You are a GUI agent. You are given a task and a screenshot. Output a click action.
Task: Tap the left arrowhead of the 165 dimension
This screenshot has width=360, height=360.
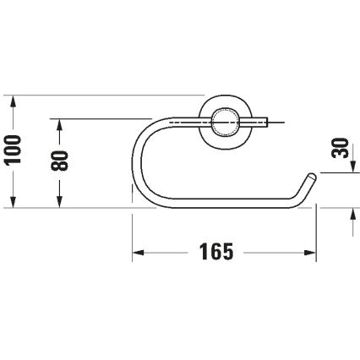[x=138, y=253]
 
